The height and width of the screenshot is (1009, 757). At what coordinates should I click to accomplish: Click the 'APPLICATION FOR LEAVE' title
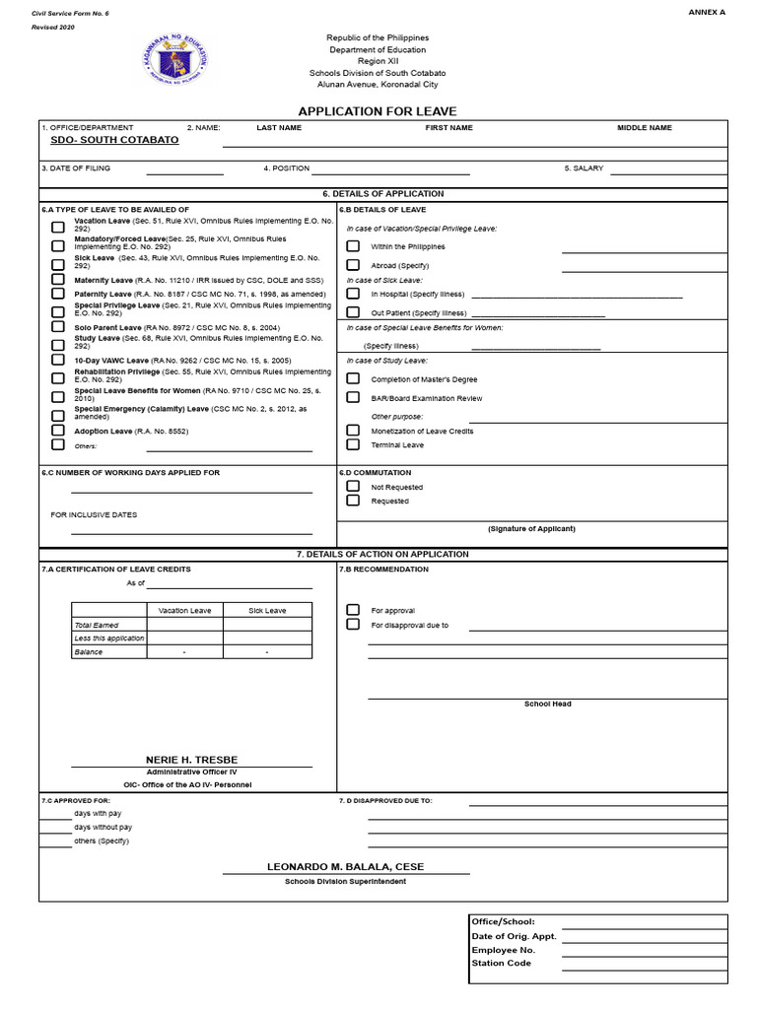coord(378,111)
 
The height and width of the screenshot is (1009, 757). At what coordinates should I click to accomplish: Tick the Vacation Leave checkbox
coord(58,228)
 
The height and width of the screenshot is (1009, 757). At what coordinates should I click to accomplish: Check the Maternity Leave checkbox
coord(58,280)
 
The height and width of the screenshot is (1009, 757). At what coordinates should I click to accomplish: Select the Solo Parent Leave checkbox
coord(58,327)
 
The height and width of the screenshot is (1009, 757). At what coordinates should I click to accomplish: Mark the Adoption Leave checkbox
coord(58,431)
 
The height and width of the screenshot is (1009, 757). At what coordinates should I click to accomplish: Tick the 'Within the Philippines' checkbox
coord(353,246)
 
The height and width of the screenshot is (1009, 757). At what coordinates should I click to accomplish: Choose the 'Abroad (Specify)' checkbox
coord(353,265)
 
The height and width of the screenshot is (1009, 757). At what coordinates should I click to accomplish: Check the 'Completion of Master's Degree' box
coord(353,378)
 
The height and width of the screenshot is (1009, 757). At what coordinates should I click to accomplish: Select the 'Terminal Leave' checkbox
coord(353,444)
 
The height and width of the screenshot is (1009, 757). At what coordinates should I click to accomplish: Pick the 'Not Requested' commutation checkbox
coord(353,487)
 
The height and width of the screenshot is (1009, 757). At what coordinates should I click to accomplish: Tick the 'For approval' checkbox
coord(353,610)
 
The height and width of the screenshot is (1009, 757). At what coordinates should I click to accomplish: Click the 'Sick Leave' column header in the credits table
coord(267,611)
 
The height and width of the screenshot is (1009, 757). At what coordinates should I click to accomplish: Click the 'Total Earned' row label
coord(97,625)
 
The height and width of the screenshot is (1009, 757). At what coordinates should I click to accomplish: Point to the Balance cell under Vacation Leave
coord(184,652)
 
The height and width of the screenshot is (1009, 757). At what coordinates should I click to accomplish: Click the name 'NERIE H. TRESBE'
coord(191,760)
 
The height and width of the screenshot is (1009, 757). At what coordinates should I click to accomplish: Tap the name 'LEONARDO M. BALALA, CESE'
coord(345,867)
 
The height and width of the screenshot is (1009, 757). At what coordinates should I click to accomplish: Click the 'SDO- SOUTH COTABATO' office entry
coord(115,140)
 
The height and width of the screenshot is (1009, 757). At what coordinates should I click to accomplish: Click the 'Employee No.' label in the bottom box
coord(503,950)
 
